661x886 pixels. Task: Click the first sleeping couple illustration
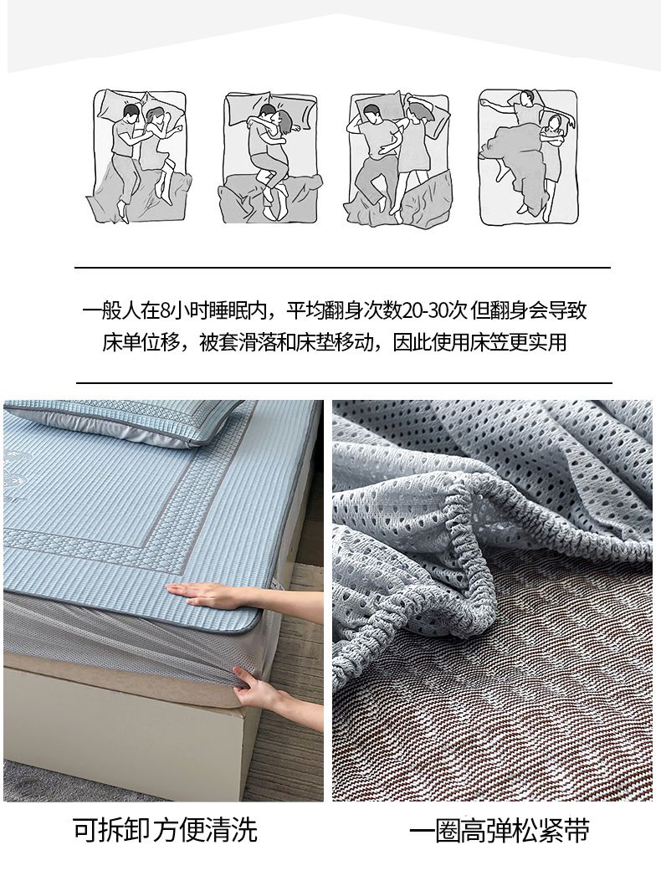pyautogui.click(x=138, y=156)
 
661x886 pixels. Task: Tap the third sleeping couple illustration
pyautogui.click(x=399, y=158)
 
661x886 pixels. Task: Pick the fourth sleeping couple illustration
pyautogui.click(x=529, y=156)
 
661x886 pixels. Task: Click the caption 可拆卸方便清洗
pyautogui.click(x=165, y=829)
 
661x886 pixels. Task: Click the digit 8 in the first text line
pyautogui.click(x=164, y=310)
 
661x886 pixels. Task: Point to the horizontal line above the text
pyautogui.click(x=342, y=267)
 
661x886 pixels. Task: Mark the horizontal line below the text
pyautogui.click(x=344, y=382)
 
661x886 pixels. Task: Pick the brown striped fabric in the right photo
pyautogui.click(x=509, y=706)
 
